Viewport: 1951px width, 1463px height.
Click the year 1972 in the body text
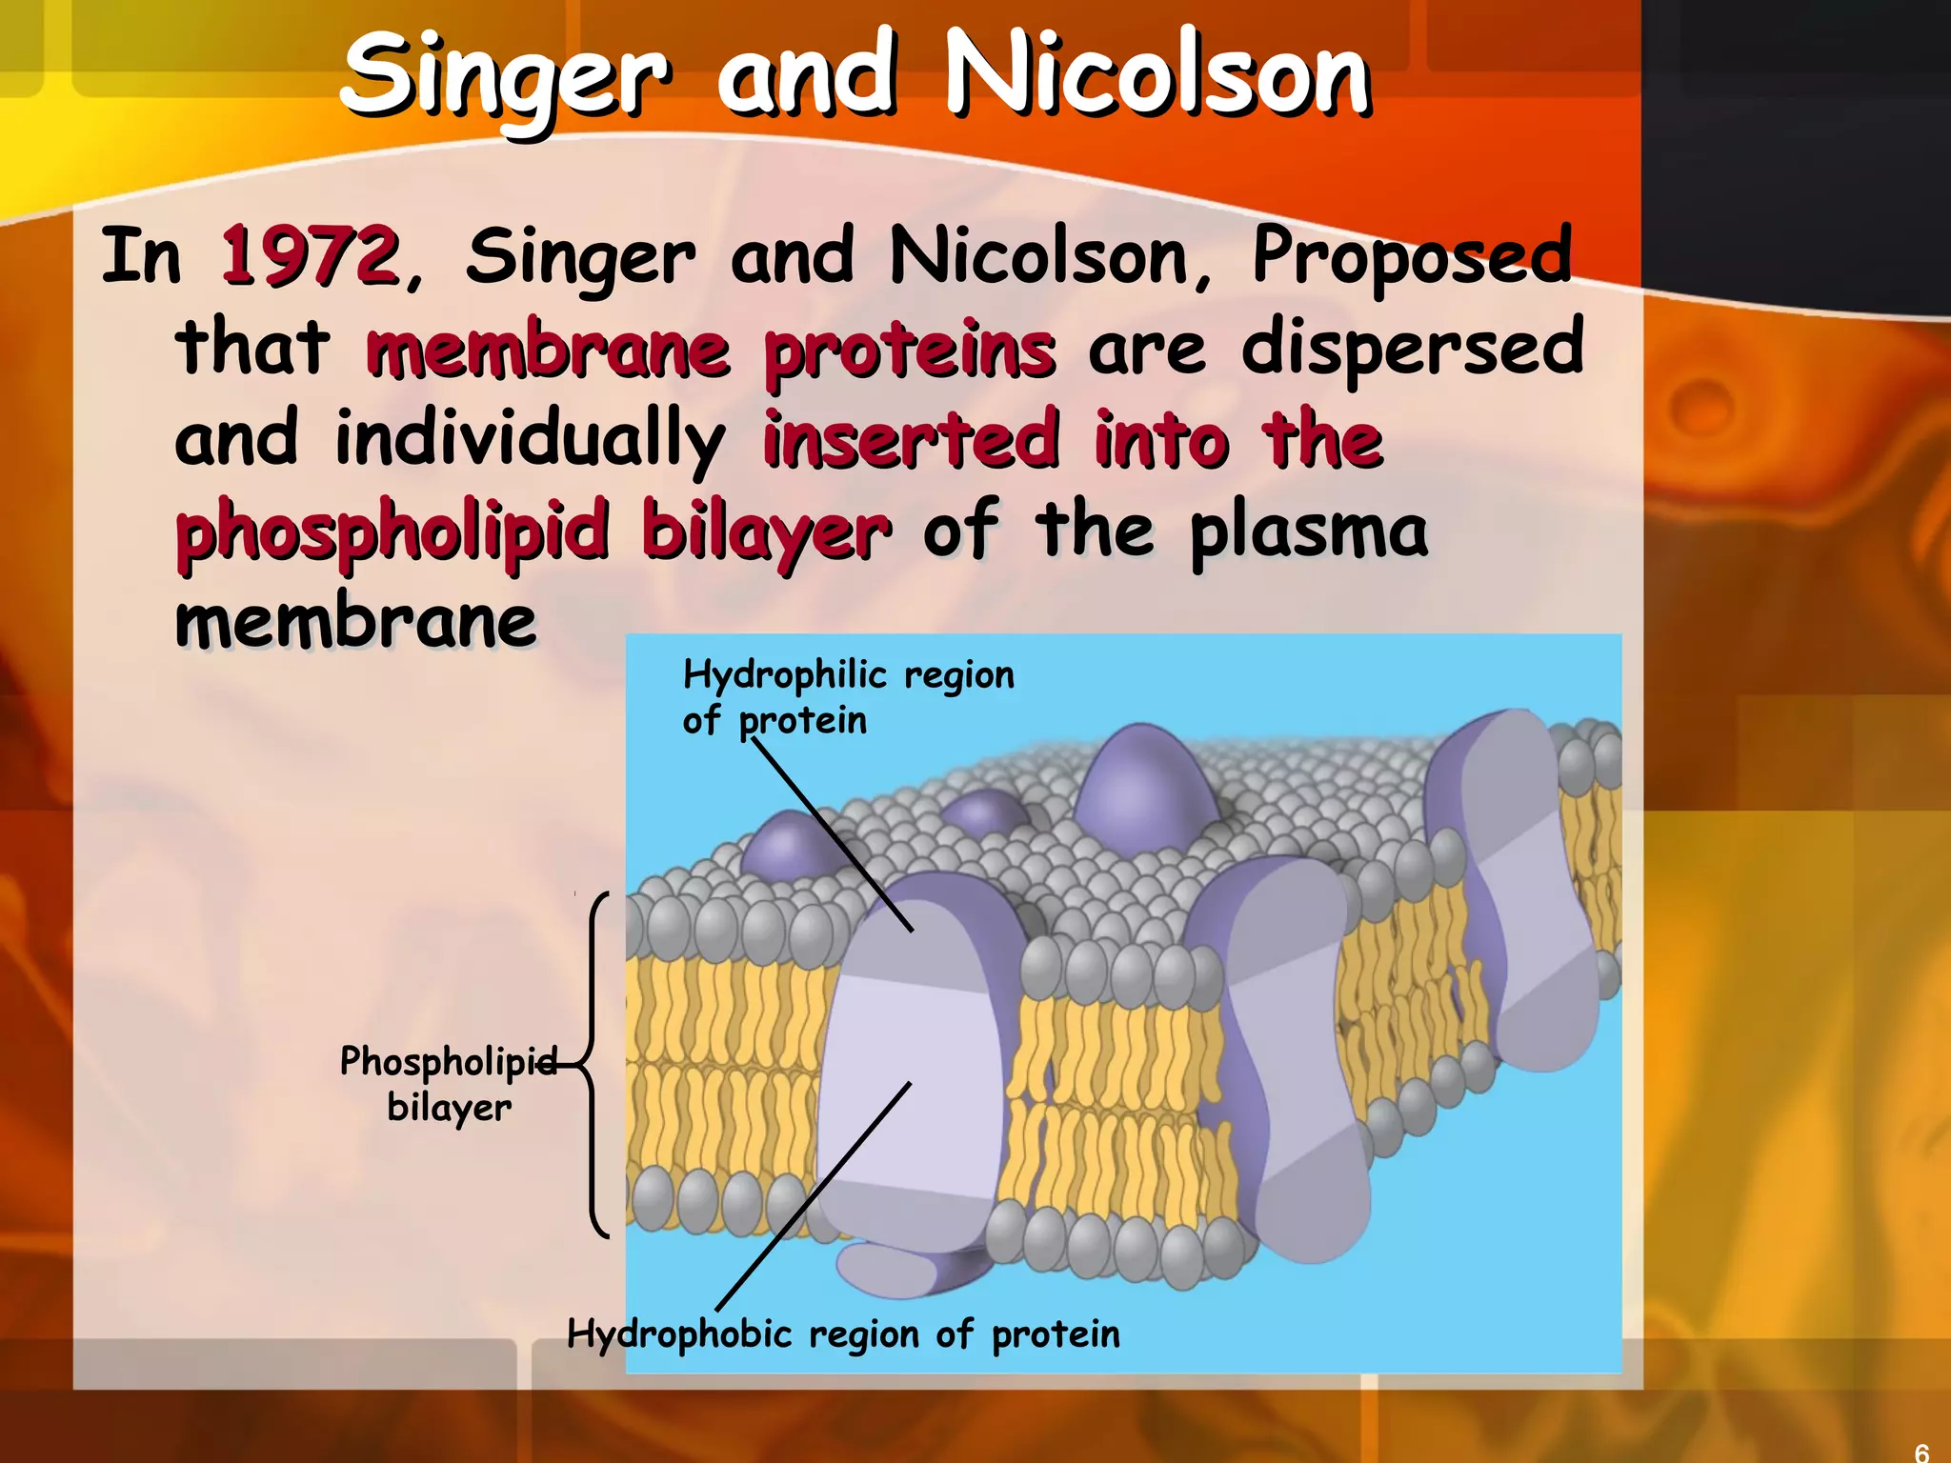pyautogui.click(x=310, y=256)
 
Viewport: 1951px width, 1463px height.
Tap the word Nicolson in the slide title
pyautogui.click(x=1157, y=74)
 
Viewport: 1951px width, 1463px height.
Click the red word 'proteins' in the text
pyautogui.click(x=910, y=350)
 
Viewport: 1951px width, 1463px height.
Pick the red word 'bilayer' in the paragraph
pyautogui.click(x=767, y=531)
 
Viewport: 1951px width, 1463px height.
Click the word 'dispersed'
pyautogui.click(x=1413, y=347)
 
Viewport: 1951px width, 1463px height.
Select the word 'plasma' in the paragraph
pyautogui.click(x=1309, y=531)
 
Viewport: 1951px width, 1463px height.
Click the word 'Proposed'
pyautogui.click(x=1412, y=256)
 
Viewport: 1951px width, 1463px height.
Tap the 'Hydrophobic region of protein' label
pyautogui.click(x=843, y=1333)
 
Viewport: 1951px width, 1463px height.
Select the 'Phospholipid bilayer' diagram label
pyautogui.click(x=449, y=1084)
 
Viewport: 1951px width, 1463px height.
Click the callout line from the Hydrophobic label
pyautogui.click(x=815, y=1195)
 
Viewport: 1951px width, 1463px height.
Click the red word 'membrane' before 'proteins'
pyautogui.click(x=549, y=350)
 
